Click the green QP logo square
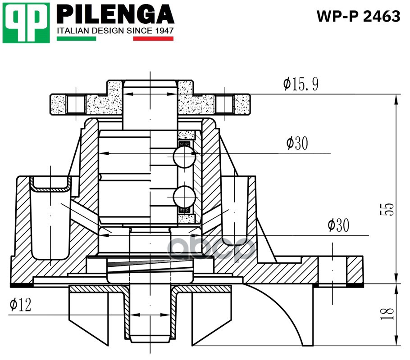click(x=26, y=22)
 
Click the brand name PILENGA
click(x=115, y=14)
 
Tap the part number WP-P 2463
click(x=358, y=16)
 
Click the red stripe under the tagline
click(x=153, y=39)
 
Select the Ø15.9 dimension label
click(x=301, y=84)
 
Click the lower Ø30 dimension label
click(x=338, y=225)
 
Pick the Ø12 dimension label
click(x=20, y=306)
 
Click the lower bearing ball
click(x=183, y=196)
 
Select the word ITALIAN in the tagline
click(x=73, y=31)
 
